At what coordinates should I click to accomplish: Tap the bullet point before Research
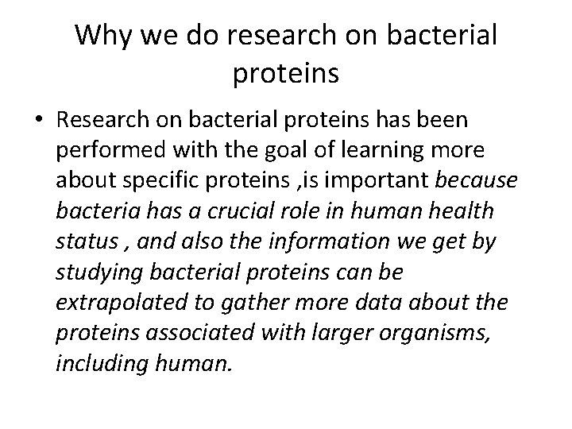point(38,121)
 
